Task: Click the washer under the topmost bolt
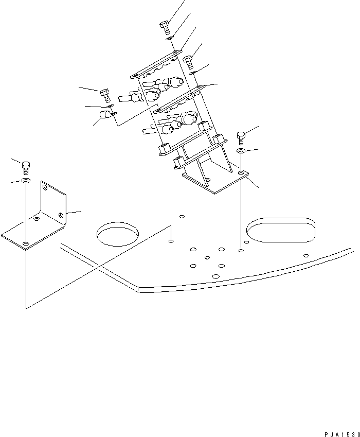(169, 38)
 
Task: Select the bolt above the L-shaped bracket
(26, 166)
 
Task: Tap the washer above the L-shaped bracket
(26, 181)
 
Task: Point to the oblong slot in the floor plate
(280, 229)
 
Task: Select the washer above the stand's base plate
(241, 151)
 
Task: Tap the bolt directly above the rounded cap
(104, 94)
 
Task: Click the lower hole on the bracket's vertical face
(61, 214)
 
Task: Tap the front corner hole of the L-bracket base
(26, 242)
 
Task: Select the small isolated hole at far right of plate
(306, 255)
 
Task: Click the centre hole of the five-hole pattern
(207, 257)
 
